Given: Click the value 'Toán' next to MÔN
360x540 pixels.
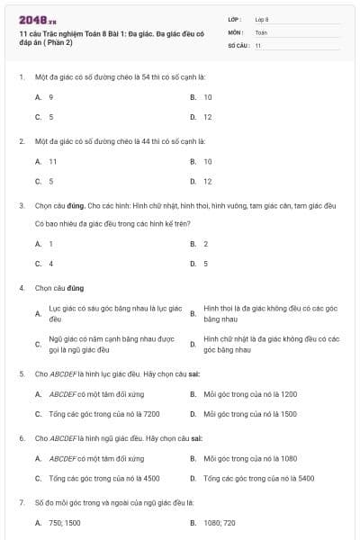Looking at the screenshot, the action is coord(261,31).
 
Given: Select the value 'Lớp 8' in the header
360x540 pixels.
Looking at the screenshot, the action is coord(262,19).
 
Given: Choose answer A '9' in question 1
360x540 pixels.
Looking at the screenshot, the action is coord(51,96).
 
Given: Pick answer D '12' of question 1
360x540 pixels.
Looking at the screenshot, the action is coord(207,117).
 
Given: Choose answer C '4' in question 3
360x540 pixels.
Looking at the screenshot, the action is coord(51,264).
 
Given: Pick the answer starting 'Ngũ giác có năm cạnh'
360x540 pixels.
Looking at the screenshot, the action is coord(111,344).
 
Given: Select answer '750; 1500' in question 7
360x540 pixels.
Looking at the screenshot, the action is coord(68,522).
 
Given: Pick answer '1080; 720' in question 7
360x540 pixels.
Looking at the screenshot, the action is coord(220,522).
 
